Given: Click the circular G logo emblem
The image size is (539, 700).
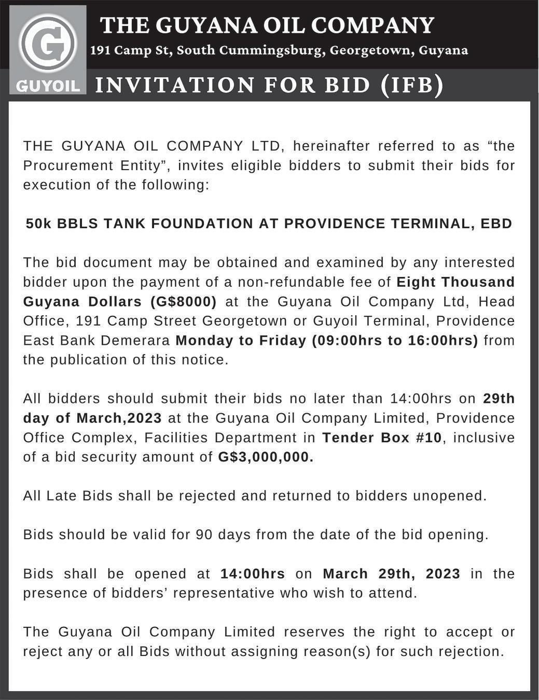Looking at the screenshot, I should click(x=48, y=44).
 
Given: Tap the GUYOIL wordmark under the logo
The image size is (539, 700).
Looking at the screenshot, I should click(x=48, y=86).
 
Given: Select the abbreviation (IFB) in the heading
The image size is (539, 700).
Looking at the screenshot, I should click(x=412, y=85).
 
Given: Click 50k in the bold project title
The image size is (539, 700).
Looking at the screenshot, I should click(x=39, y=223).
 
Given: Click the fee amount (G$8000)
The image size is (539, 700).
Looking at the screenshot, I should click(x=184, y=301).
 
